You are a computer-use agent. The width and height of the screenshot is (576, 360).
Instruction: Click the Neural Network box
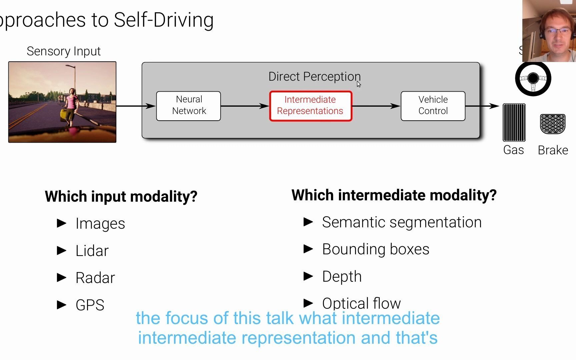189,106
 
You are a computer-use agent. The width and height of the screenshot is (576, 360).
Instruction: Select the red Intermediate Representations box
310,106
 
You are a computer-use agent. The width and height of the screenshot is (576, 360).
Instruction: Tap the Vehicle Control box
433,106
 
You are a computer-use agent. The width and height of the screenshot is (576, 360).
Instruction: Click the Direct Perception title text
314,77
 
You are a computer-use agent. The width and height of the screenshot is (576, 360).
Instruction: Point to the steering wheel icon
533,79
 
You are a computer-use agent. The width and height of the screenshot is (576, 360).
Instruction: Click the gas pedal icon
514,123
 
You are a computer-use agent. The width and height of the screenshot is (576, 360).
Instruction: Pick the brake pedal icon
553,124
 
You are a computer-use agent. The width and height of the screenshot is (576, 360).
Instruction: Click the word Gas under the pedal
513,150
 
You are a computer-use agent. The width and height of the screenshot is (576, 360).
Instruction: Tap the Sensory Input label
64,51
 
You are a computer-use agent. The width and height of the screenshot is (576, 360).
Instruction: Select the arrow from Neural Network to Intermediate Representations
245,106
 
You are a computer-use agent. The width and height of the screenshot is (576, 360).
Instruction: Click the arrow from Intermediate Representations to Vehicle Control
376,106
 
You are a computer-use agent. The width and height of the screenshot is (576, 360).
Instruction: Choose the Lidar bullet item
92,251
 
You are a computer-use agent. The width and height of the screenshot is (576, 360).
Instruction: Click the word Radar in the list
95,278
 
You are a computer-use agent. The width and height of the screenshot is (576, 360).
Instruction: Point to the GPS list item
90,305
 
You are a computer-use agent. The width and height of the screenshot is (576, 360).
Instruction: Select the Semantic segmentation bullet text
402,222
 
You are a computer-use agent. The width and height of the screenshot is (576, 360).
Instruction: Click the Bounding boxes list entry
376,249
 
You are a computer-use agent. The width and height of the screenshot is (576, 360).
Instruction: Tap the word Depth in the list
342,277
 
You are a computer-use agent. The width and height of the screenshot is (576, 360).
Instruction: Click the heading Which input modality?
121,196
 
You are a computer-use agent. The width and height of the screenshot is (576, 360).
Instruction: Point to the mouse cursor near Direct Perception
359,84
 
